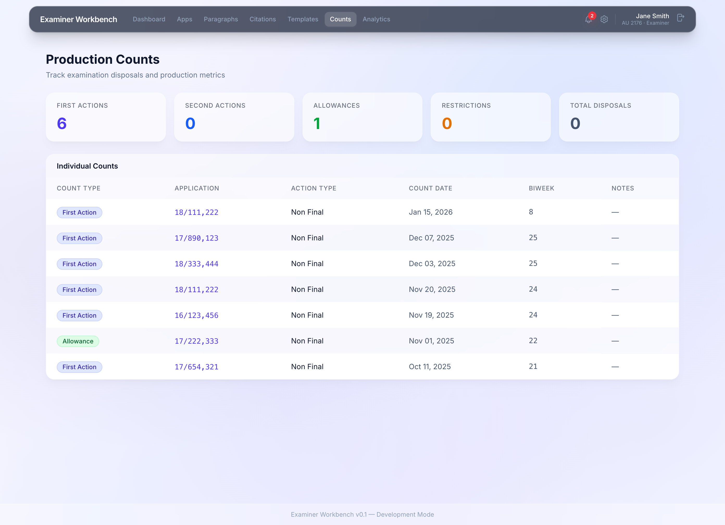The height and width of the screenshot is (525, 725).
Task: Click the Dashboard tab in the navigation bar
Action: pos(149,19)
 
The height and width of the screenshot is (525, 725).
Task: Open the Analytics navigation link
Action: pos(376,19)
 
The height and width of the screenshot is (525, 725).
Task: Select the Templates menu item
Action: pos(303,19)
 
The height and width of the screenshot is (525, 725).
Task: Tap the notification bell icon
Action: pos(588,20)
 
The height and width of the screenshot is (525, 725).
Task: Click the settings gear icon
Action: pos(604,20)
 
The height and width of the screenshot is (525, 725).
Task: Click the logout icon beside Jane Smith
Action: pos(680,18)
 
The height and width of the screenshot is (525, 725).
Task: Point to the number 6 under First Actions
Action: pos(62,124)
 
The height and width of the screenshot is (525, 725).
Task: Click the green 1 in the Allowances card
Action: pos(317,124)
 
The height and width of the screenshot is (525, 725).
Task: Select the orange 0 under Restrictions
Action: pos(447,124)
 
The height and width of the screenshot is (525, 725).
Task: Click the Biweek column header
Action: pos(541,188)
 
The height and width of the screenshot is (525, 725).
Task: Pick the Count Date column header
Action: pos(430,188)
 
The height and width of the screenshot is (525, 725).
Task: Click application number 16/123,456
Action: pos(196,316)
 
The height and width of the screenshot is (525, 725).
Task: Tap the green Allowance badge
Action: pos(78,341)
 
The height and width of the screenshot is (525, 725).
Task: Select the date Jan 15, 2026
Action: pos(430,212)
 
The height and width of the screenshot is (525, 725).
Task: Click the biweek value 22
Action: pos(533,341)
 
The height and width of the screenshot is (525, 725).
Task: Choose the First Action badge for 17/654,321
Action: pos(79,367)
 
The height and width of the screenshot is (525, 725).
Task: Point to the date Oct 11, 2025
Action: pos(430,367)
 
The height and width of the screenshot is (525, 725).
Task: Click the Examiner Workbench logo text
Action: pos(79,20)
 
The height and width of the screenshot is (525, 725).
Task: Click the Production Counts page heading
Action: pos(103,59)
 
